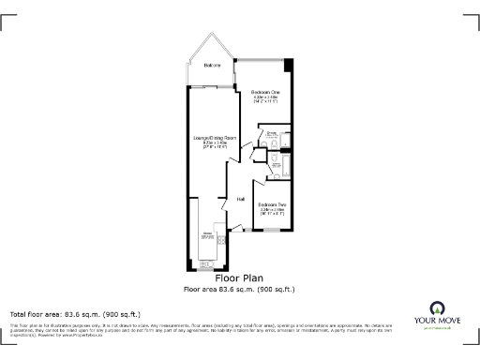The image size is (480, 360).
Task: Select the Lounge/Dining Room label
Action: [215, 139]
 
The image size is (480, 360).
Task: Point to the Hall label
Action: [241, 199]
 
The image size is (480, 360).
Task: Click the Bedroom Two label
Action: [273, 204]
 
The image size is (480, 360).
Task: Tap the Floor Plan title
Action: [239, 278]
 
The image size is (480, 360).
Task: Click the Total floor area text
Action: [75, 313]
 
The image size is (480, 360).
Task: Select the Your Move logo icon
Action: [436, 308]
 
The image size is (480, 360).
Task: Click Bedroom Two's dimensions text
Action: [273, 213]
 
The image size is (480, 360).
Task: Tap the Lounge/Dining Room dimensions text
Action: [215, 146]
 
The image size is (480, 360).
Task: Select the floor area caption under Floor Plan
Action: [239, 289]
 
